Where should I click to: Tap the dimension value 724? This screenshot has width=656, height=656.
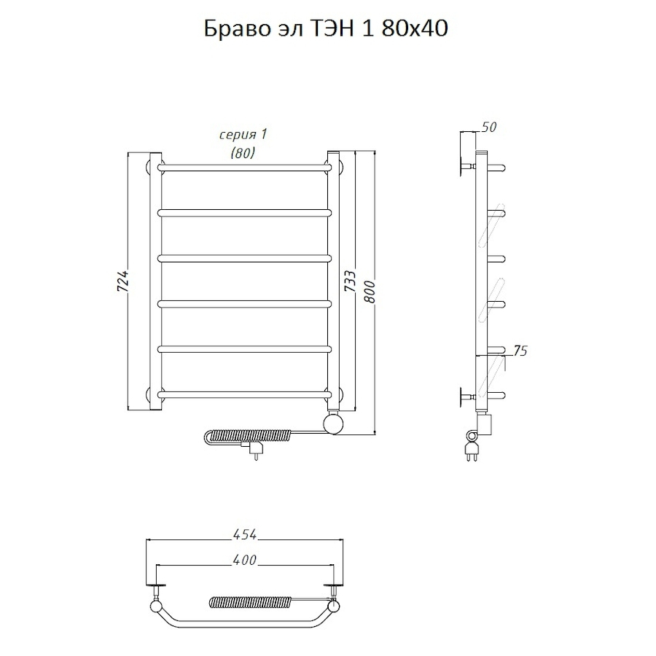click(x=123, y=282)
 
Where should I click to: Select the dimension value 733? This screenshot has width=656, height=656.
click(x=350, y=282)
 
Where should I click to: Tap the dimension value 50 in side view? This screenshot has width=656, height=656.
click(x=489, y=128)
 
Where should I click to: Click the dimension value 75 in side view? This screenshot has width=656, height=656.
click(x=520, y=351)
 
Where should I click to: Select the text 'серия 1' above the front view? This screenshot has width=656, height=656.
click(x=243, y=135)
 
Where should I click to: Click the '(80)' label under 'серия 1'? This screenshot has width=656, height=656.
click(x=243, y=152)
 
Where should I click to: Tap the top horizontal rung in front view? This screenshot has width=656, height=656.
click(x=243, y=168)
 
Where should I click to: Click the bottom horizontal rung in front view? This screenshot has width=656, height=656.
click(x=243, y=394)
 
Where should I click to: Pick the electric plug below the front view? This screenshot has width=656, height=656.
click(x=256, y=452)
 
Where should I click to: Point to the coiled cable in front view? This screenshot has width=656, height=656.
click(x=248, y=437)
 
